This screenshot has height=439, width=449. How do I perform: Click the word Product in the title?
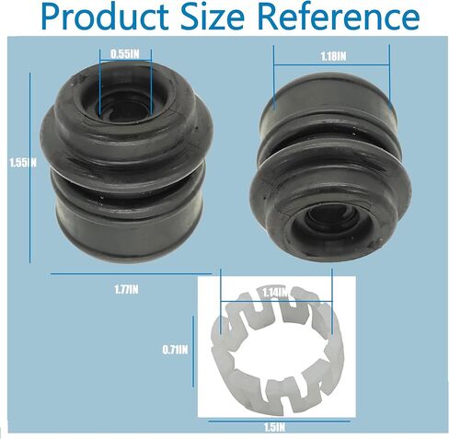(x=105, y=17)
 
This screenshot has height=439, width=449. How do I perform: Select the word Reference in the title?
(x=339, y=17)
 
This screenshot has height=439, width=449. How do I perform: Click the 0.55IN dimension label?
(x=125, y=54)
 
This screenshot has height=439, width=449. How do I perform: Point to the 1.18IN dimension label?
(x=333, y=56)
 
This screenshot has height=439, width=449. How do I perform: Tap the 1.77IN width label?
(x=126, y=290)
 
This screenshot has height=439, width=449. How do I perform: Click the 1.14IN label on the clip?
(x=275, y=293)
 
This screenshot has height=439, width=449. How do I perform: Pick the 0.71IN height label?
(x=175, y=350)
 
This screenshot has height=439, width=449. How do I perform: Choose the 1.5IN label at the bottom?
(x=274, y=428)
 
